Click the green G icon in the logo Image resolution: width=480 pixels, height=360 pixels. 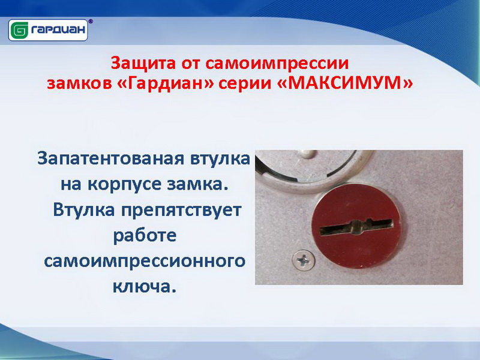coord(20,31)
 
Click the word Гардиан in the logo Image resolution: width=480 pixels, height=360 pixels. coord(58,30)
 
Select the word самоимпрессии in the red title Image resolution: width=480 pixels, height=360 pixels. coord(277,64)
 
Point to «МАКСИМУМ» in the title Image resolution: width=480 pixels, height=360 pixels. coord(344,83)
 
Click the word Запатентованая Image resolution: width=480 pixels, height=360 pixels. coord(110,159)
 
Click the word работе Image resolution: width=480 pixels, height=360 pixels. coord(145,236)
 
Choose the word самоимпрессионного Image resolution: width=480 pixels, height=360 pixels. coord(145,262)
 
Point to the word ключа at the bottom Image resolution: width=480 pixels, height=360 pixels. coord(145,287)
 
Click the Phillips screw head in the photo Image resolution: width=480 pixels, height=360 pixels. coord(304,260)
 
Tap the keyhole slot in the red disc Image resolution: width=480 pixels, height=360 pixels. coord(356,227)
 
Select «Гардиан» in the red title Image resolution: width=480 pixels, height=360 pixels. coord(166,83)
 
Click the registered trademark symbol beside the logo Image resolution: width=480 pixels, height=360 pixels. coord(91,22)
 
